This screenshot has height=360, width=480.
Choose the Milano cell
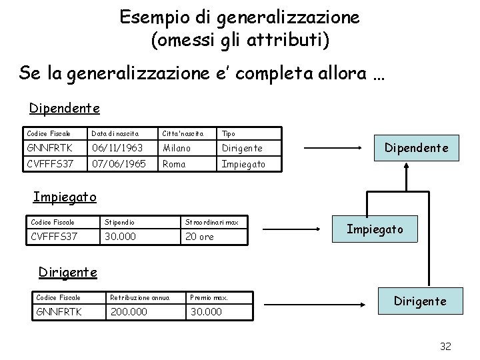click(176, 148)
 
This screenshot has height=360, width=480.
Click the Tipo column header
click(228, 133)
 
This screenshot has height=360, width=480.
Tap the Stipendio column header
click(117, 221)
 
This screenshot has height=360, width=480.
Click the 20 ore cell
click(199, 237)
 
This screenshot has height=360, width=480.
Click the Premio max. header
click(209, 297)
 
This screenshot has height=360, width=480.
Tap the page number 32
click(446, 347)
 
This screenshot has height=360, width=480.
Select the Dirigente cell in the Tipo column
click(241, 148)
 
